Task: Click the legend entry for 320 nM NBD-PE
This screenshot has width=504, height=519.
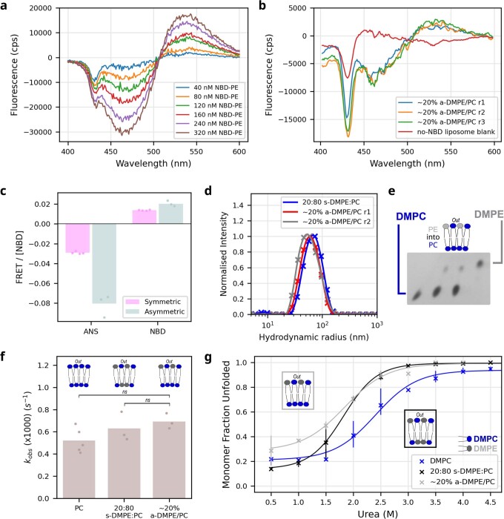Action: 209,133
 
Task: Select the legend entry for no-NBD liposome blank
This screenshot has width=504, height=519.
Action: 446,132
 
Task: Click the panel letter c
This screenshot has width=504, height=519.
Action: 4,191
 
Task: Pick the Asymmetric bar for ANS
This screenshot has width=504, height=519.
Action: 105,263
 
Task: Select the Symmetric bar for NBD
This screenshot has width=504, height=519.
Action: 145,216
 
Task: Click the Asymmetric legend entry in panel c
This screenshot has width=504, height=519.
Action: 155,311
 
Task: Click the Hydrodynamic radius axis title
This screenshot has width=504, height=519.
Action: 314,337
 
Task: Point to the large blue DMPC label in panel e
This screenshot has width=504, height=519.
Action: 411,216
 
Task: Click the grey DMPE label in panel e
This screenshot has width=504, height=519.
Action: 488,214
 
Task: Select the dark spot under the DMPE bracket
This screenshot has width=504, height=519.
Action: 480,264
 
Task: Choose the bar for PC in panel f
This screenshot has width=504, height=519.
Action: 79,469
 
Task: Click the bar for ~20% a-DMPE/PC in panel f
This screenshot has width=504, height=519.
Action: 169,460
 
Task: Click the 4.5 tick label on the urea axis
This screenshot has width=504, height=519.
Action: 491,502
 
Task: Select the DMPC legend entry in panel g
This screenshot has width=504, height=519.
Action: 435,460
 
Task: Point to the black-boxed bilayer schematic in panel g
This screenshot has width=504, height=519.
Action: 420,429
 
